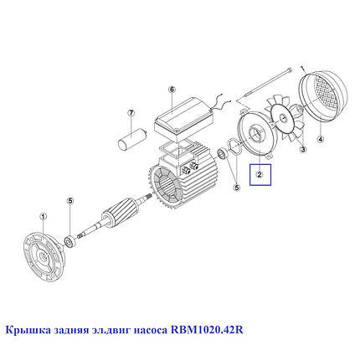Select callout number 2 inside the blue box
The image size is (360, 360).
(260, 176)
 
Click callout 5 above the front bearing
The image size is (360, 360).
(71, 201)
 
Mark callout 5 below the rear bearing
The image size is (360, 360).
(236, 189)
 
